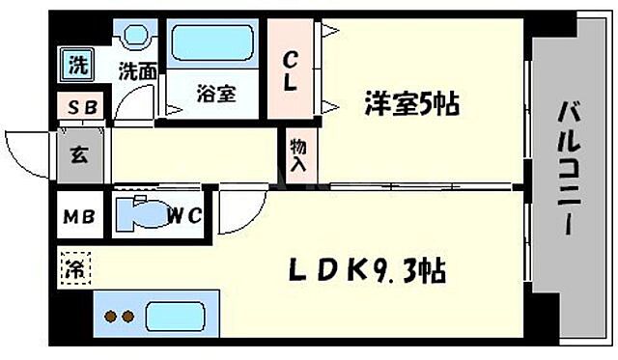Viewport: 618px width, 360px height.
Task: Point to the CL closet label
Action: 289,71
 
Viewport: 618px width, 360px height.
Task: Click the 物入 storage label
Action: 298,154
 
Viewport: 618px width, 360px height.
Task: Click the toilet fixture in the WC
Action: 141,213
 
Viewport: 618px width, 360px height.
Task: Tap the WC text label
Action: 185,215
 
